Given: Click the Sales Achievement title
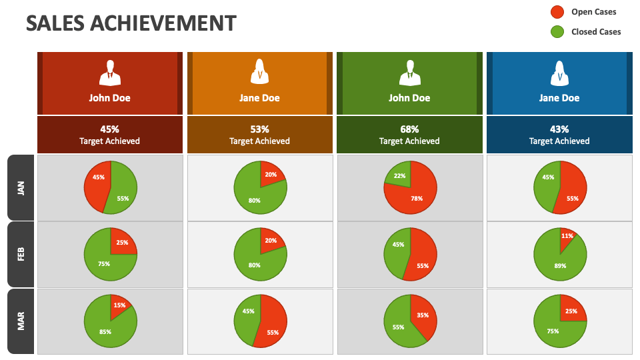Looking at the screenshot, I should pos(131,23).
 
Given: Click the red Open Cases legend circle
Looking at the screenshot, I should pos(557,12).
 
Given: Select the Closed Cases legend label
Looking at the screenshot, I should pos(595,31).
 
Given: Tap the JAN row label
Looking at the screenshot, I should pos(21,187).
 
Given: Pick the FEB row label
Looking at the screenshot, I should pos(21,254).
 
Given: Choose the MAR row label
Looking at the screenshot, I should pos(21,321).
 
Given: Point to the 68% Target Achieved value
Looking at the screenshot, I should pos(409,129).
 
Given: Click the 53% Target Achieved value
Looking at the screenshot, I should pos(259,129).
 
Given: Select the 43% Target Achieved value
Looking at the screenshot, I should pos(559,129).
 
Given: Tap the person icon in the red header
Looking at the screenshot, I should pos(110,73).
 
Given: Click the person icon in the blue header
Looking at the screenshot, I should pos(559,73).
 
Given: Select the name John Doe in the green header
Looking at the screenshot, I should pos(409,98).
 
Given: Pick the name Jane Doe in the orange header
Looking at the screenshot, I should pos(259,98).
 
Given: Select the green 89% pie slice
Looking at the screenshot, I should pos(559,261).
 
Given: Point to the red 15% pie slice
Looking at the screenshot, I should pos(119,305).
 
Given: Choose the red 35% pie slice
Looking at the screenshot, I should pos(423,315).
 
